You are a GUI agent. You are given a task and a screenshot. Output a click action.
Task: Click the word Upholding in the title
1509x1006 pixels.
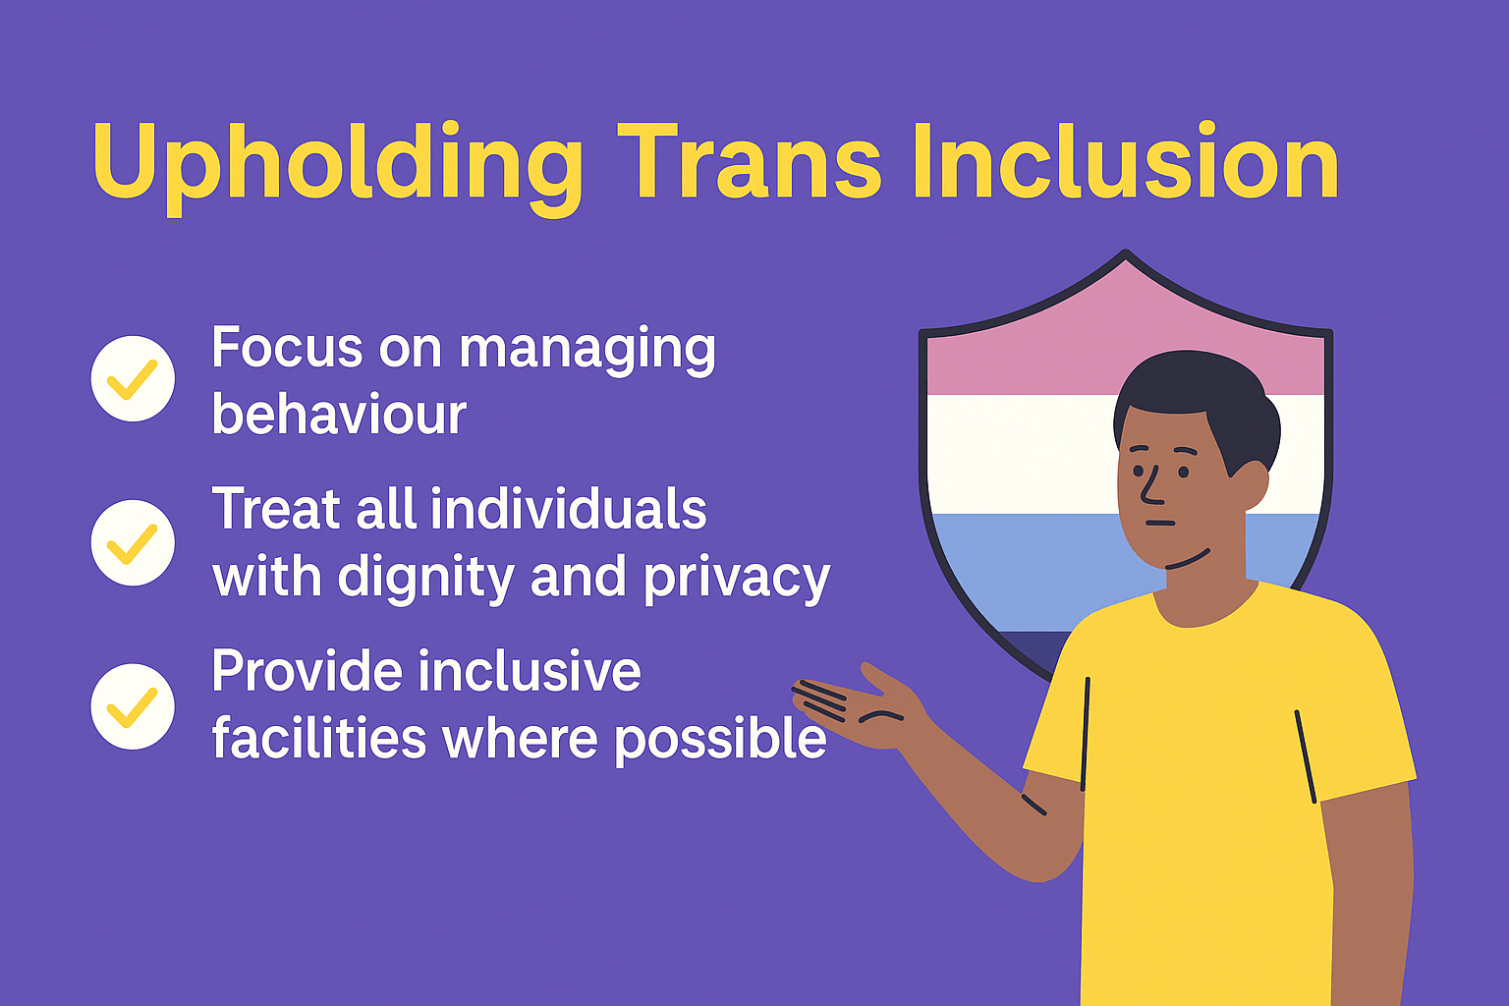(x=338, y=168)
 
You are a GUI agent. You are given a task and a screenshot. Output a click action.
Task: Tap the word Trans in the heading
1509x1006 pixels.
(x=750, y=162)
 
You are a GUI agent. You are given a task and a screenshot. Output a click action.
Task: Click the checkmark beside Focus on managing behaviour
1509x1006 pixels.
(x=133, y=378)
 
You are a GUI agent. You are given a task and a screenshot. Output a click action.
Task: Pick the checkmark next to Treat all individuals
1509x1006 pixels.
(x=133, y=542)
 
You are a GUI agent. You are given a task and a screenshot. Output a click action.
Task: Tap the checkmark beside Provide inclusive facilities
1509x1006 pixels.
(x=133, y=706)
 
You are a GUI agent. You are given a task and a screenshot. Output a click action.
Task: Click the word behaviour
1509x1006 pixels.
(x=339, y=413)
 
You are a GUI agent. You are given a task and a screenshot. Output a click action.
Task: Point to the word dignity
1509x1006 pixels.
(x=425, y=578)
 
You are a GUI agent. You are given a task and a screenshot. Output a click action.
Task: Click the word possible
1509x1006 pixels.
(x=720, y=740)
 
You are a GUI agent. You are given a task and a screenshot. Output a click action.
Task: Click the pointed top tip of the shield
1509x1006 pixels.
(x=1126, y=252)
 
